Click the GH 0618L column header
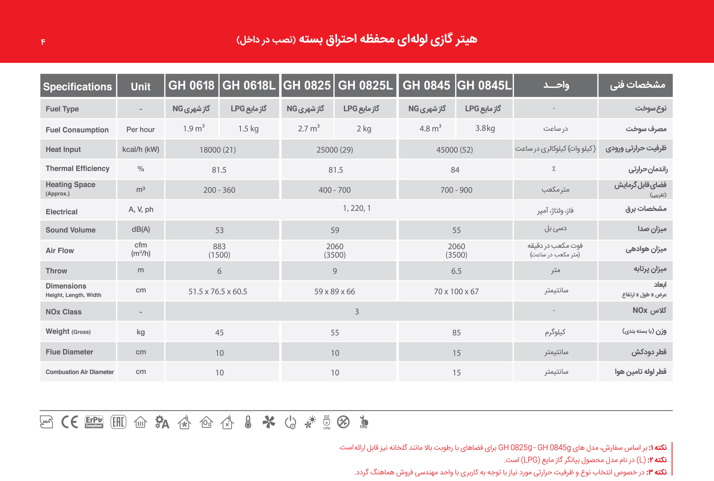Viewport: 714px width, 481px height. coord(249,86)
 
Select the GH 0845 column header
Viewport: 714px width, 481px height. coord(426,86)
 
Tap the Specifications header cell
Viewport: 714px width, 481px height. coord(77,87)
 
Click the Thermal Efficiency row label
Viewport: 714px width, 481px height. coord(77,169)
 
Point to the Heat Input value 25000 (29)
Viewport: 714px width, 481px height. coord(335,150)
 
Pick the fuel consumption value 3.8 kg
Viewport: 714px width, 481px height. coord(485,129)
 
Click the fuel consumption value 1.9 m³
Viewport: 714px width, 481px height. coord(193,129)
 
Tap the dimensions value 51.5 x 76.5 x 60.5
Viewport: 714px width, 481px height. coord(218,292)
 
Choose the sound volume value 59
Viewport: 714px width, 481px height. coord(335,230)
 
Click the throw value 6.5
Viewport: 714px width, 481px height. coord(456,271)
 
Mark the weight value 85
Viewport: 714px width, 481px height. coord(456,333)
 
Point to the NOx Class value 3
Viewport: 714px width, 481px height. coord(356,312)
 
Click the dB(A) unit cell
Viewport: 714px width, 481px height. coord(141,229)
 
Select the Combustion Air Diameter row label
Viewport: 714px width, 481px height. coord(79,372)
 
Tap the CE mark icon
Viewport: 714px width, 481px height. coord(70,422)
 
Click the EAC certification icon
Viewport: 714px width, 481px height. coord(118,422)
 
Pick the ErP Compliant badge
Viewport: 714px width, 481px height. coord(94,422)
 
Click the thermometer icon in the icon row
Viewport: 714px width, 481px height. coord(248,422)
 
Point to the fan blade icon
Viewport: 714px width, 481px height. coord(269,422)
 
